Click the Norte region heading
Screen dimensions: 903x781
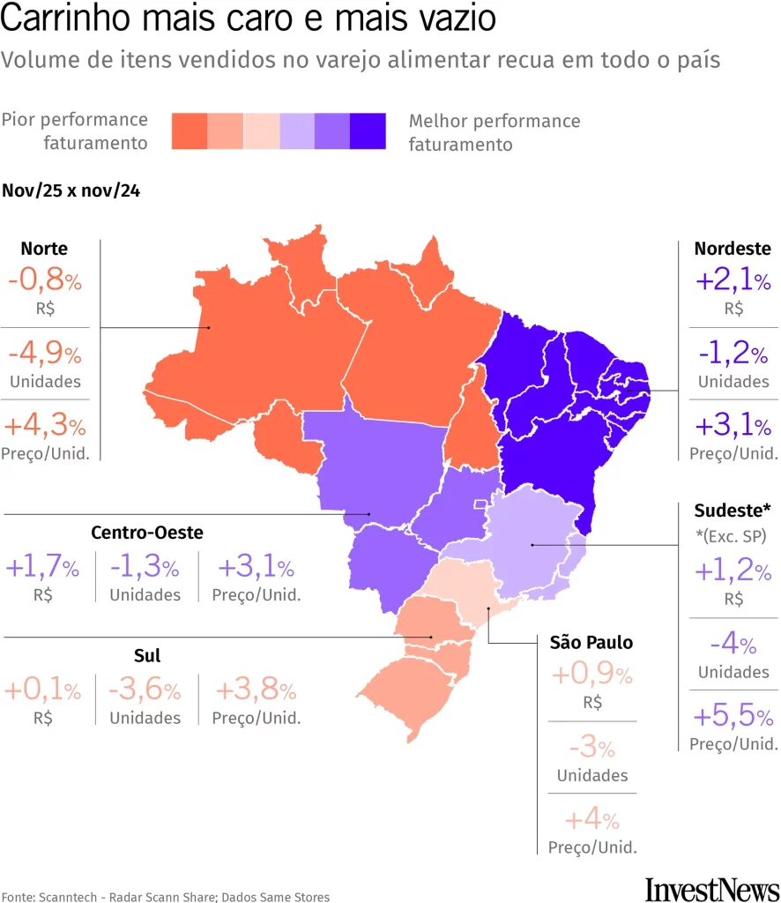(x=44, y=249)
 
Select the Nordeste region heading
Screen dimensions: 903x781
(x=732, y=249)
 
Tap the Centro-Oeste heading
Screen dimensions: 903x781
(x=147, y=533)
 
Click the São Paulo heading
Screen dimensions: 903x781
(x=591, y=642)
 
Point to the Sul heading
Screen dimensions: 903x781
(x=147, y=655)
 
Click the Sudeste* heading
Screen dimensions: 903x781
(x=732, y=511)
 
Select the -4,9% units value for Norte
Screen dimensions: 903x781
(x=45, y=354)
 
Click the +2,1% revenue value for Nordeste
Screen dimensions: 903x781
(x=733, y=281)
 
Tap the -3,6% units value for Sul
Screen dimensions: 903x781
(x=145, y=690)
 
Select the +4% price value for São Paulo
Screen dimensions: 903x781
(x=591, y=820)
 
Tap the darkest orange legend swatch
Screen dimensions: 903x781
(x=189, y=131)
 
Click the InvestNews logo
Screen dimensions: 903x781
(x=712, y=888)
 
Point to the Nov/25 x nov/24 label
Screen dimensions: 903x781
(x=71, y=190)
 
